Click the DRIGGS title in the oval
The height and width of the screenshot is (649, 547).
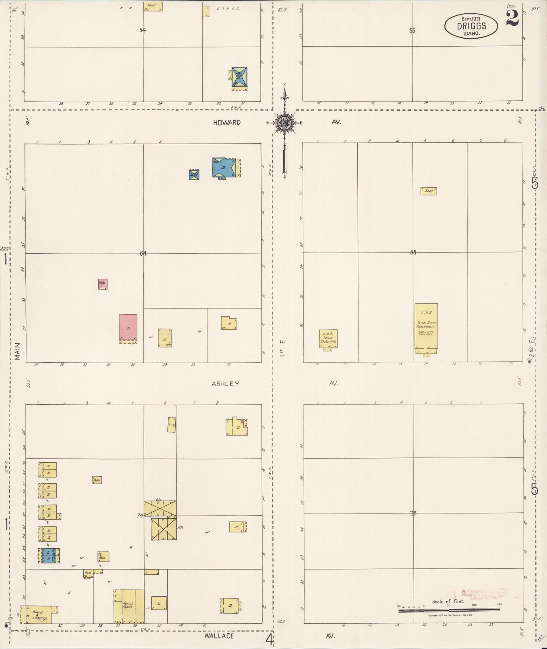[x=471, y=27]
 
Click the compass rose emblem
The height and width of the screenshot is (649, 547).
[x=284, y=123]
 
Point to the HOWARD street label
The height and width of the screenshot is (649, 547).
[x=226, y=122]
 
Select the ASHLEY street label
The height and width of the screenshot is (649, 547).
[x=225, y=384]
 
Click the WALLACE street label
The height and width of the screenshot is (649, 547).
[x=219, y=636]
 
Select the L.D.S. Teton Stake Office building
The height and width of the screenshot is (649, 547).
[x=328, y=339]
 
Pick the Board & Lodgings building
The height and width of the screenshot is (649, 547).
[x=39, y=614]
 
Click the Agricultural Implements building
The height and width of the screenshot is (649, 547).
[x=129, y=606]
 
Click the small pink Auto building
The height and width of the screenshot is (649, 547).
[x=103, y=284]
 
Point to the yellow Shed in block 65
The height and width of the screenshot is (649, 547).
[x=429, y=191]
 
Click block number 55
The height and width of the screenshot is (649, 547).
[x=412, y=31]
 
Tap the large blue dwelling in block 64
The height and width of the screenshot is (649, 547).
[x=225, y=167]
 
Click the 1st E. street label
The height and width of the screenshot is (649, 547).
[x=282, y=347]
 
